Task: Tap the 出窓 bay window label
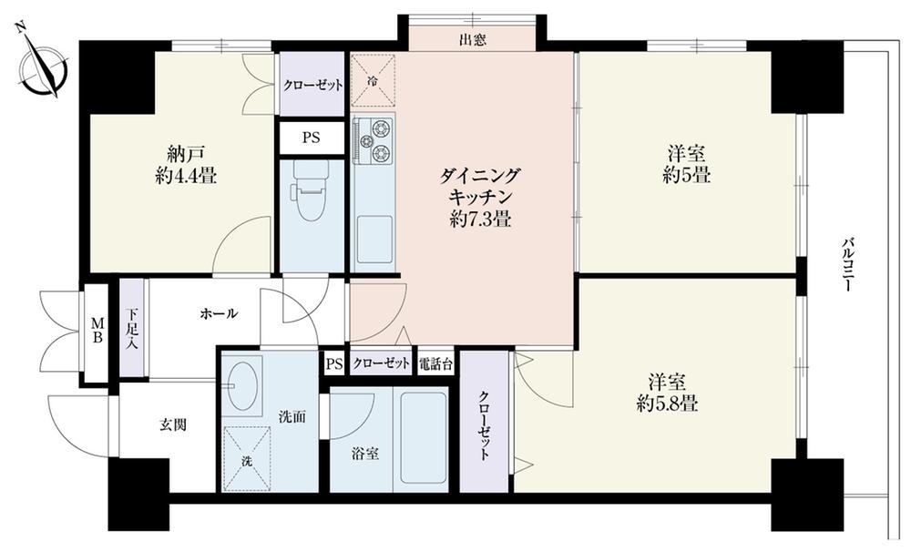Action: (471, 39)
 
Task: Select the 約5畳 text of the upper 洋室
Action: (686, 175)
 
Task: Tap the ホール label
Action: (219, 314)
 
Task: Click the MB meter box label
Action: (96, 333)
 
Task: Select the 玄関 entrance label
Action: (172, 424)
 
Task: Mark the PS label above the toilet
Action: (311, 139)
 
